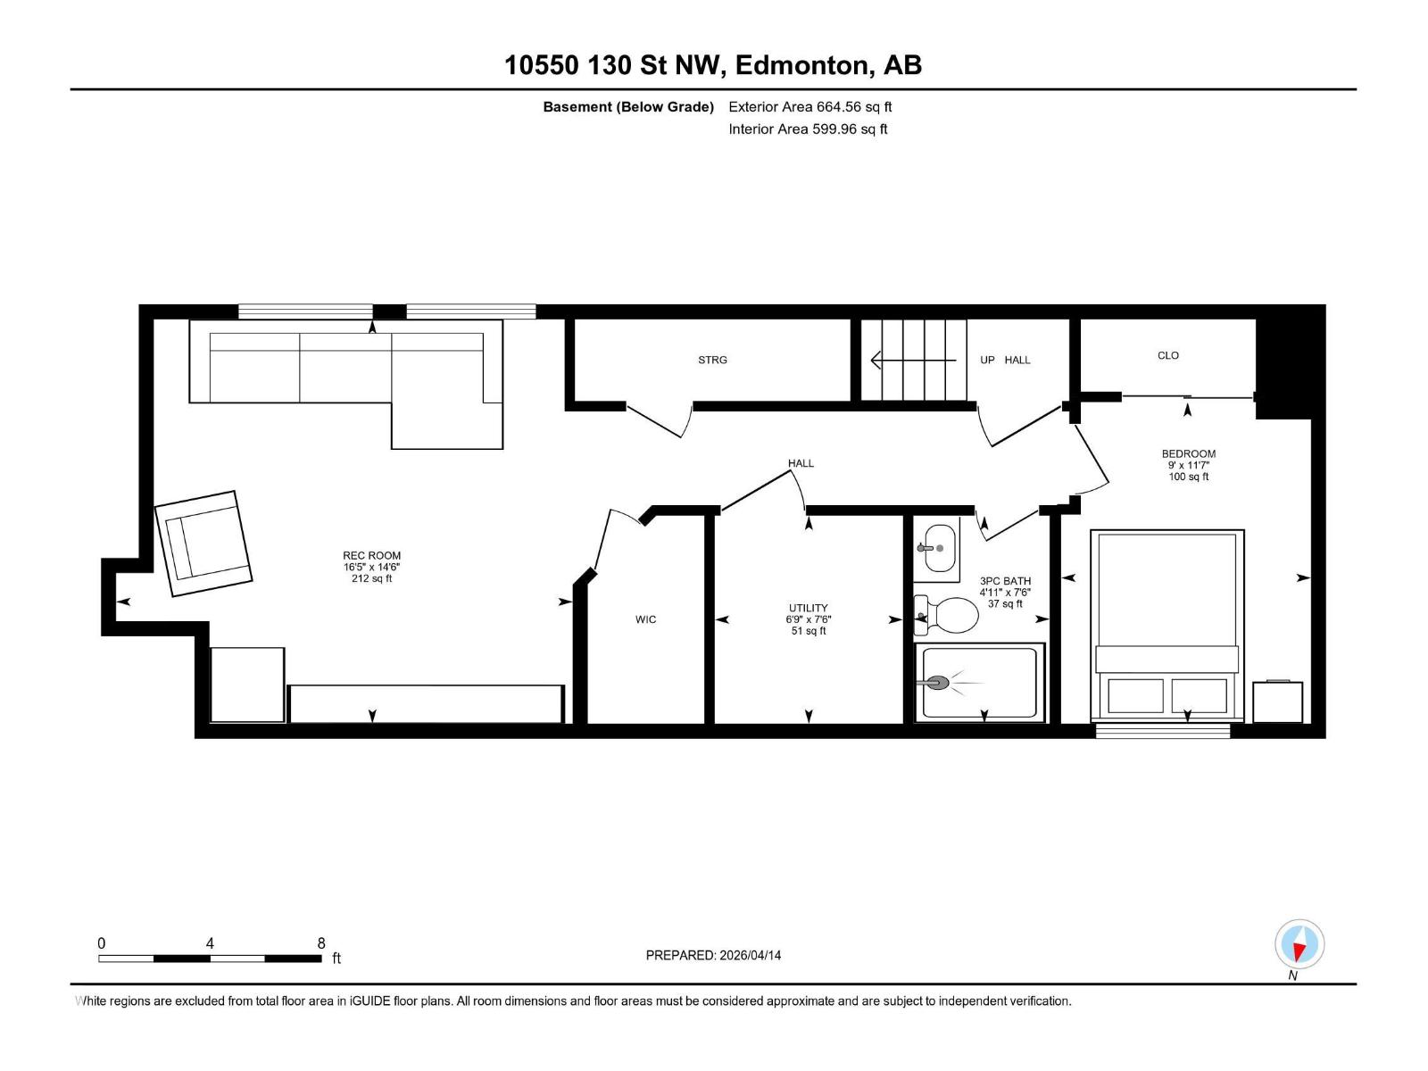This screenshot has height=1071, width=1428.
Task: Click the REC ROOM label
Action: point(372,555)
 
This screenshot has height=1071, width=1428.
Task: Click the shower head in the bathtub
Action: point(937,684)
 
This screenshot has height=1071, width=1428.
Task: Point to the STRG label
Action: point(712,360)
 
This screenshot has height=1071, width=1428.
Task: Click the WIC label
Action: point(645,619)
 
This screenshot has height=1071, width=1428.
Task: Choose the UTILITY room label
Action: point(809,608)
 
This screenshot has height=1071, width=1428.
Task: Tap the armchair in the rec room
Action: point(203,543)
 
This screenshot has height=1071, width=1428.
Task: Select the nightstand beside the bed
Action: point(1277,702)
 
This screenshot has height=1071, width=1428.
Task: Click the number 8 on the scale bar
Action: point(321,943)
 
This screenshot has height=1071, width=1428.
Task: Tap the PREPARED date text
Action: point(713,955)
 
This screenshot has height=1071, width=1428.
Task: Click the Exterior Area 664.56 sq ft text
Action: point(809,107)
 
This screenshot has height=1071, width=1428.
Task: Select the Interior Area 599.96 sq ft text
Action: point(808,129)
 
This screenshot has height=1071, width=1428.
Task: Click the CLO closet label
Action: point(1167,355)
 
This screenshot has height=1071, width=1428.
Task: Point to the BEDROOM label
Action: point(1188,453)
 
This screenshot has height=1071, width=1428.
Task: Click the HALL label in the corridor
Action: point(801,463)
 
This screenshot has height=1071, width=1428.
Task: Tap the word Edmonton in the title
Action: point(802,65)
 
